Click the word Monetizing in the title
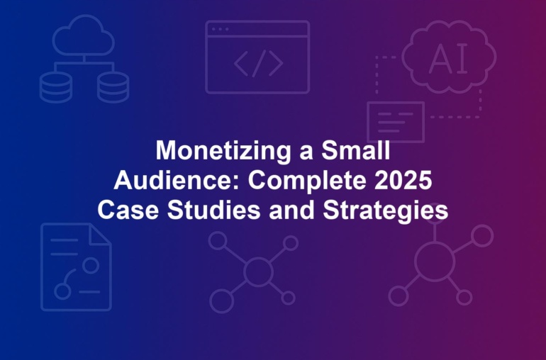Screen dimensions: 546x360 pos(223,151)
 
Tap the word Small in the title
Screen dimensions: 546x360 pos(355,150)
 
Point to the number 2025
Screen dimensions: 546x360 pos(403,180)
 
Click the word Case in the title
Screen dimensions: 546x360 pos(128,210)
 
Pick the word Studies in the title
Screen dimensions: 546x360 pos(213,210)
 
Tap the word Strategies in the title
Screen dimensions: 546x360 pos(386,210)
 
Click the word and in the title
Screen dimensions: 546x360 pos(292,210)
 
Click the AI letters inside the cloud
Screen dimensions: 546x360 pos(448,59)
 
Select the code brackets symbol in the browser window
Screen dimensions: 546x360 pos(258,63)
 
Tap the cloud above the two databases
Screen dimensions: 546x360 pos(84,35)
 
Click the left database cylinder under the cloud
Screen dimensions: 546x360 pos(56,87)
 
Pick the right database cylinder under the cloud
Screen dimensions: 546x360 pos(113,87)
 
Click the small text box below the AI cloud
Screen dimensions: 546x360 pos(396,122)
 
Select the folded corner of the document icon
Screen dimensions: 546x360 pos(99,235)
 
